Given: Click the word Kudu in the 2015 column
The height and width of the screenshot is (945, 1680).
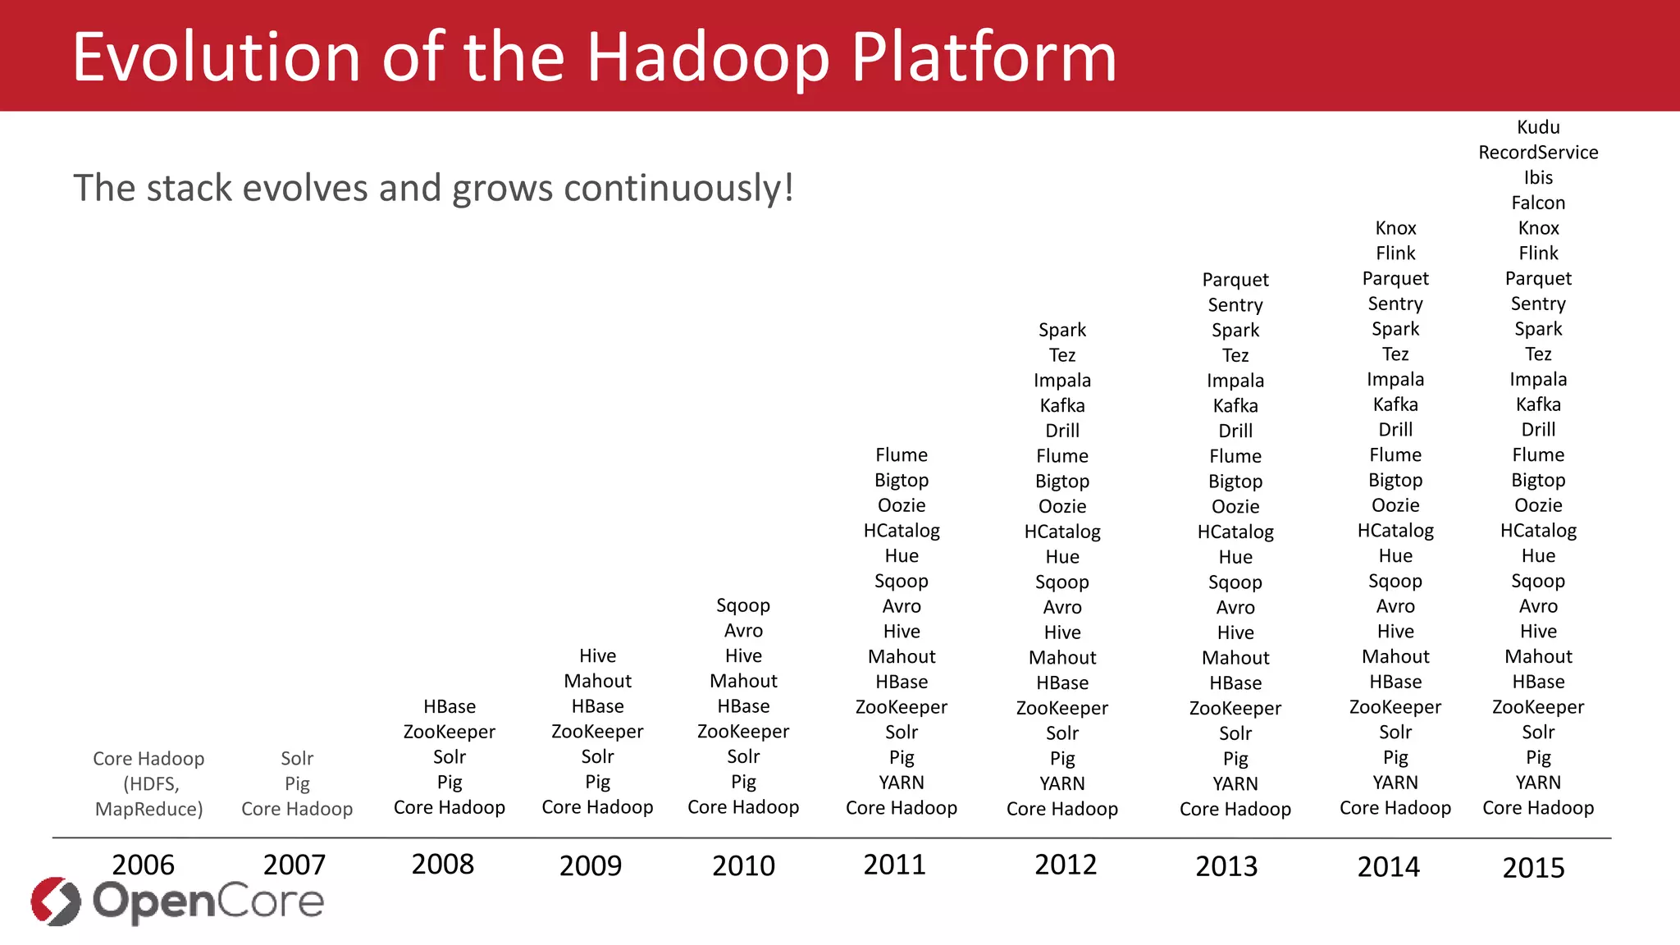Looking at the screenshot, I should coord(1537,127).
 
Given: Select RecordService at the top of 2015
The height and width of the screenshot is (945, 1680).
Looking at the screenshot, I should coord(1537,153).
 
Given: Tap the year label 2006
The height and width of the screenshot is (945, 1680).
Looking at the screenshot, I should coord(143,865).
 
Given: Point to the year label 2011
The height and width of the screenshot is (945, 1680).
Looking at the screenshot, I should coord(894,865).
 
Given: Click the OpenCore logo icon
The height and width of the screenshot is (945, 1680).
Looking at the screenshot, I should coord(56,901).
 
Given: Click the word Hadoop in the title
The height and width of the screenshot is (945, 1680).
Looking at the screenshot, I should coord(707,57).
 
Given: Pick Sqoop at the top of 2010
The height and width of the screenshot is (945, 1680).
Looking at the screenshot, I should coord(742,605).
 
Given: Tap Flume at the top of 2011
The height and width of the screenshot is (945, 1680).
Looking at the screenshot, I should coord(901,454).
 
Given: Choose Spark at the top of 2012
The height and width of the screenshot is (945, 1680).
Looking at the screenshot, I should coord(1061,330).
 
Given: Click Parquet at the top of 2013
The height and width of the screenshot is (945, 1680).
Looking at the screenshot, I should coord(1235,280).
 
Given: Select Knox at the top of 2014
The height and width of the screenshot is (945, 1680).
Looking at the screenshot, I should coord(1395,228).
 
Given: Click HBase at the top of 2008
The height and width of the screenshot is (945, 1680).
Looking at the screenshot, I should coord(449,706).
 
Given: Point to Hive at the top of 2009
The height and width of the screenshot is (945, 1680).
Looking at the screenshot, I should coord(596,655).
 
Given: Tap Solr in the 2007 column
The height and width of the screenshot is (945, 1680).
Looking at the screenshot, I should coord(296,758).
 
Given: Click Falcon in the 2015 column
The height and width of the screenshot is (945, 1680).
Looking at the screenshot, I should coord(1537,203).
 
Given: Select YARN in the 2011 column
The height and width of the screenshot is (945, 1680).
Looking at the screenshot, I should coord(901,783).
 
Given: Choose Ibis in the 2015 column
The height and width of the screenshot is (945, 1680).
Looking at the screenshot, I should coord(1537,178).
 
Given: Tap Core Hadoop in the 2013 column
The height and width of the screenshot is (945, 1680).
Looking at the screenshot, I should coord(1235,809).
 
